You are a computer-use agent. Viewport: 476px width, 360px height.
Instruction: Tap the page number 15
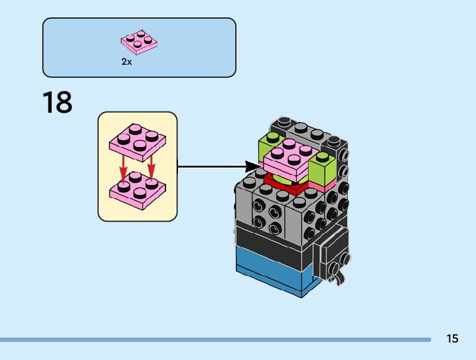[x=452, y=339]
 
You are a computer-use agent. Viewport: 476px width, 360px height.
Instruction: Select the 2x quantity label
[x=127, y=62]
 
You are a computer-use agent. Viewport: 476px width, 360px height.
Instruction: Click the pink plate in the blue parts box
[x=139, y=42]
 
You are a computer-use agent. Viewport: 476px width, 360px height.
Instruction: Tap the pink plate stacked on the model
[x=287, y=159]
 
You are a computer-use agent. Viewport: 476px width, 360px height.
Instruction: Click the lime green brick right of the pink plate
[x=323, y=167]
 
